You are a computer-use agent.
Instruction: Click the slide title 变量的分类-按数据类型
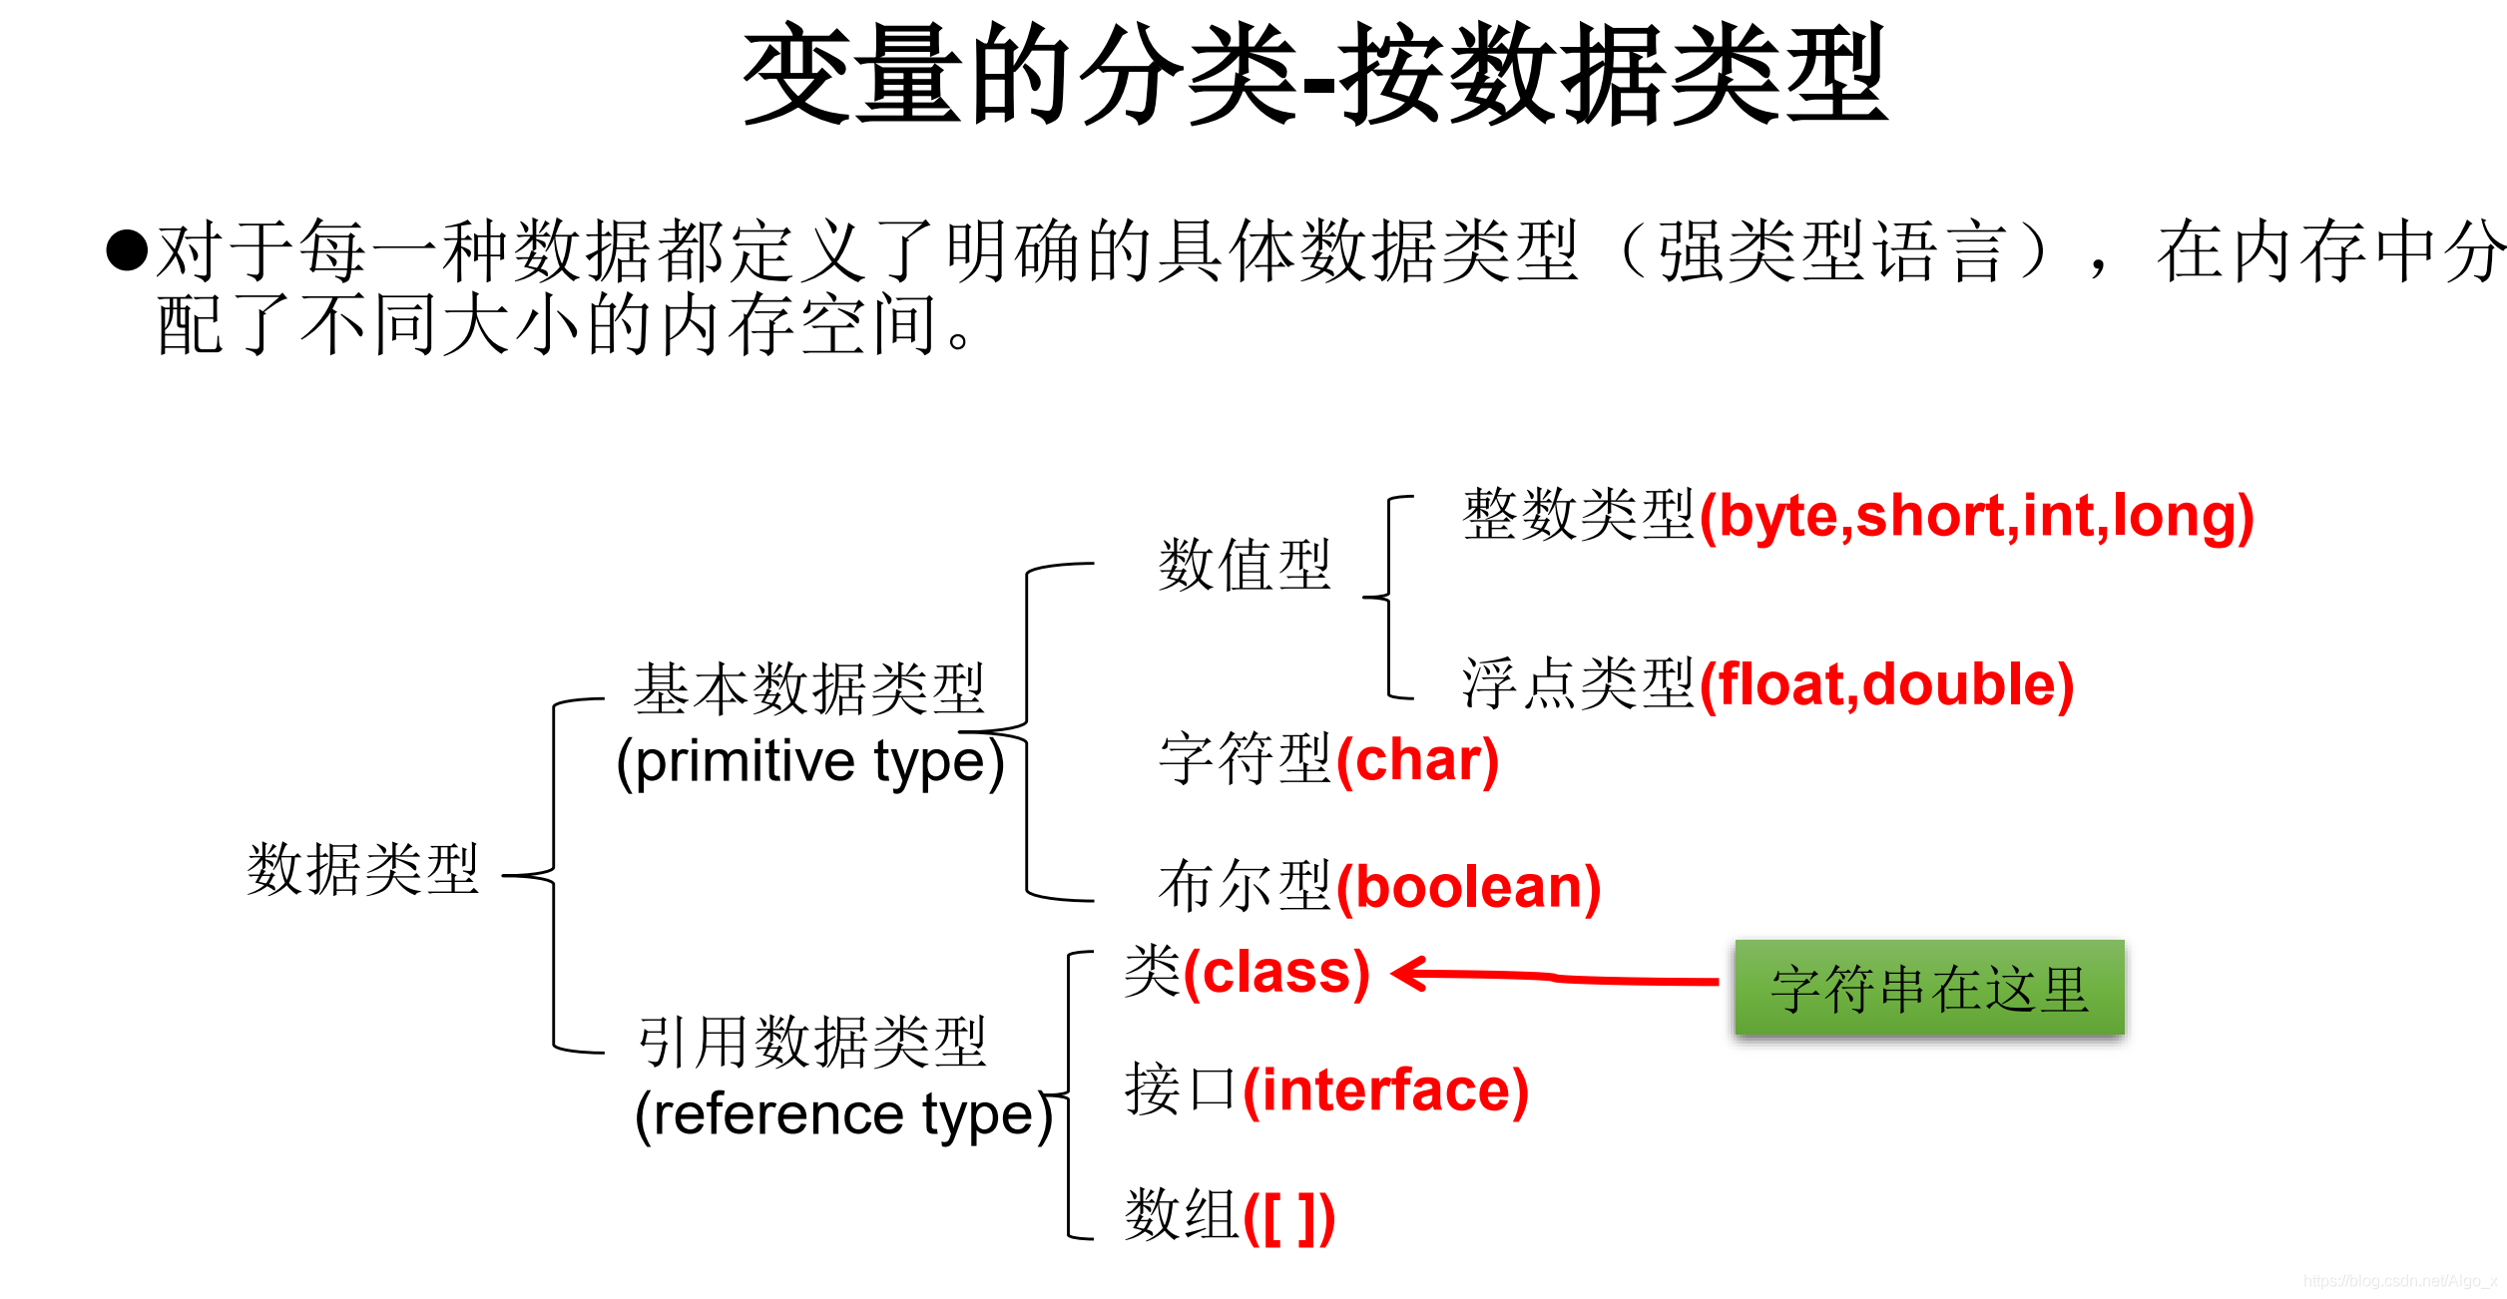click(x=1315, y=75)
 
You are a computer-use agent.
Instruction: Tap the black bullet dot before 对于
click(x=127, y=249)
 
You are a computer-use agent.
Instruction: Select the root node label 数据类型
click(x=363, y=869)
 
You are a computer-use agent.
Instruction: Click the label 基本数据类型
click(x=809, y=688)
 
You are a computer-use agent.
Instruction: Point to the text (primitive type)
click(x=809, y=762)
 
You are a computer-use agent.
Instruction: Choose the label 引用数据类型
click(x=812, y=1042)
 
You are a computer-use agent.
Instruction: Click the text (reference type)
click(x=844, y=1114)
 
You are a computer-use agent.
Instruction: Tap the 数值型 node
click(x=1245, y=565)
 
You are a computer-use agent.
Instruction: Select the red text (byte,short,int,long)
click(x=1976, y=517)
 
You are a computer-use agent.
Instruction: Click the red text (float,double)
click(x=1886, y=685)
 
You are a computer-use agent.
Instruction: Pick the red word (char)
click(x=1417, y=761)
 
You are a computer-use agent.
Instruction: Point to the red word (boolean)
click(x=1468, y=887)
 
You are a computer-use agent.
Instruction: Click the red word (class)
click(x=1276, y=973)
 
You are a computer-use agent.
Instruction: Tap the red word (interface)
click(x=1385, y=1089)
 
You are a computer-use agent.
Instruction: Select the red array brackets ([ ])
click(x=1288, y=1217)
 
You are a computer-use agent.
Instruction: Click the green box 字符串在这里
click(x=1929, y=988)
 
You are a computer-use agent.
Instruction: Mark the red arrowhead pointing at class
click(x=1410, y=973)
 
